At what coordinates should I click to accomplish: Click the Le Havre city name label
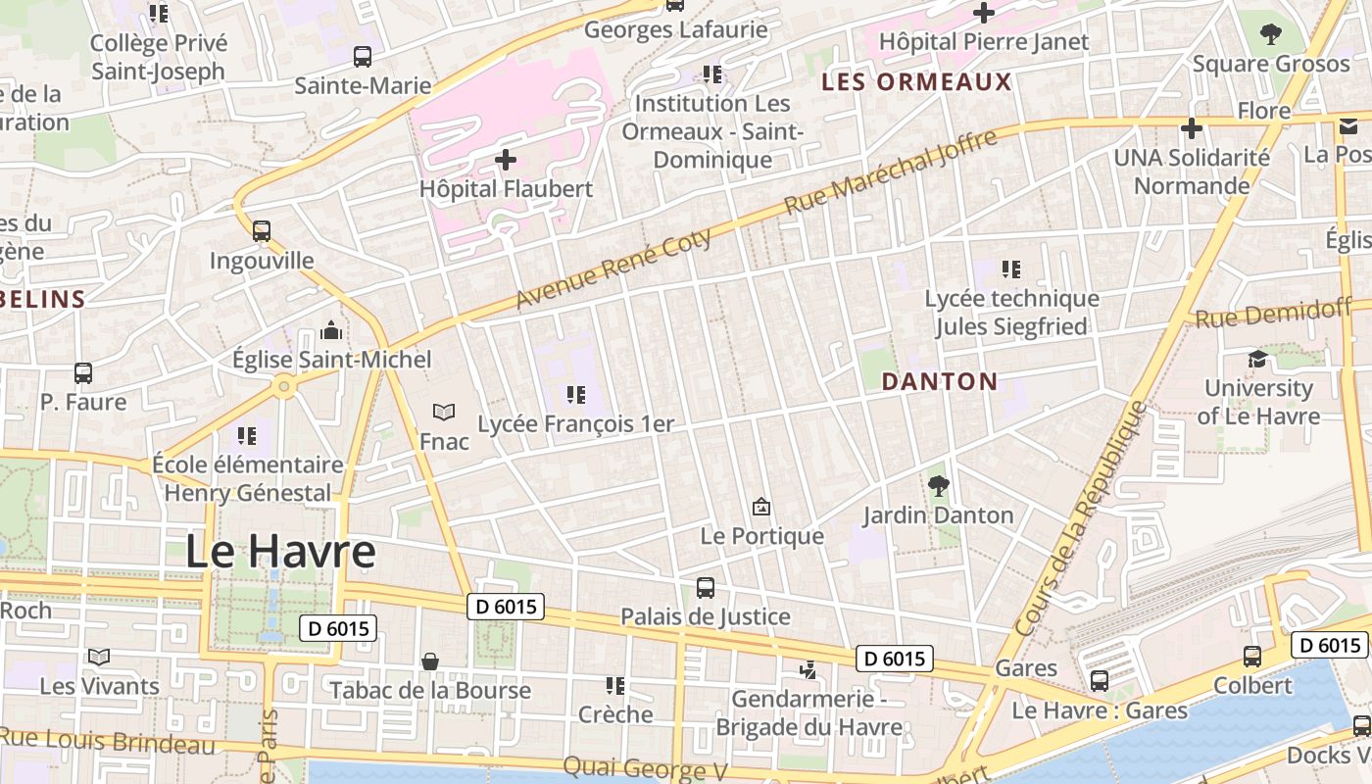click(280, 552)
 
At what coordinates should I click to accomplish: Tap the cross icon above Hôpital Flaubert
click(506, 159)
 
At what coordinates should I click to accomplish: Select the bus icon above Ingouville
click(261, 231)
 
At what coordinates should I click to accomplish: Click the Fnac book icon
click(444, 413)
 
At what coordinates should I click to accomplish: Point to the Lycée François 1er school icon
click(576, 395)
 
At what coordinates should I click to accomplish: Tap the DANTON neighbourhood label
click(940, 381)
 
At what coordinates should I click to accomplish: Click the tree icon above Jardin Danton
click(938, 485)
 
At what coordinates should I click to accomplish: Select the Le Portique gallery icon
click(760, 507)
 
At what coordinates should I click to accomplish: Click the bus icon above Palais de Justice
click(706, 588)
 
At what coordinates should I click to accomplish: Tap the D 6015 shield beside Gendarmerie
click(895, 659)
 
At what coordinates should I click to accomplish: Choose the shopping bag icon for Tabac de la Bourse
click(429, 661)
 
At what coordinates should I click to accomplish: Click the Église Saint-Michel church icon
click(331, 330)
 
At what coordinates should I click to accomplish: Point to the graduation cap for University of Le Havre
click(1257, 359)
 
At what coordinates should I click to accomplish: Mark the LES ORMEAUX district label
click(916, 82)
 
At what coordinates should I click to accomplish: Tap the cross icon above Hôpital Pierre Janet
click(983, 13)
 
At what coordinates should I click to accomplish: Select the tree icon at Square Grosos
click(1271, 35)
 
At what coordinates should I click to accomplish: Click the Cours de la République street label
click(1079, 518)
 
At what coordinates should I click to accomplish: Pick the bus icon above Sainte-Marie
click(363, 57)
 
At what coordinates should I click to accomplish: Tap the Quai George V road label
click(644, 768)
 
